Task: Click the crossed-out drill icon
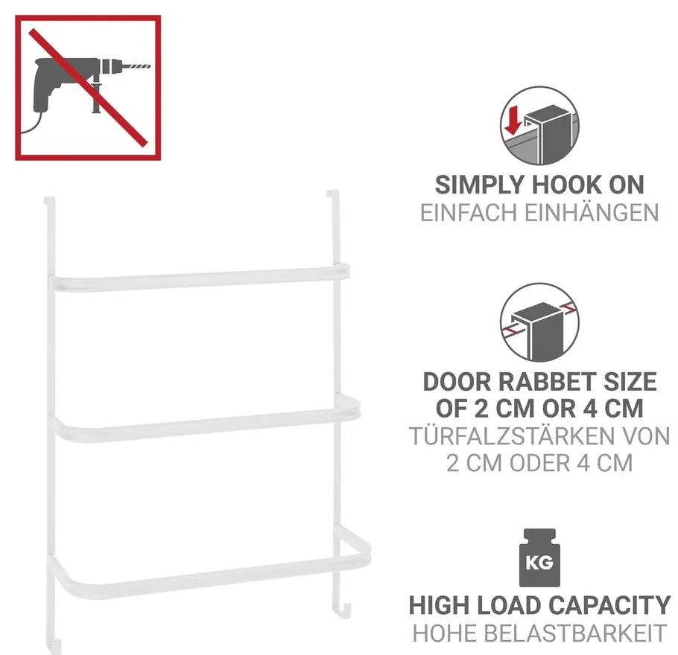point(88,88)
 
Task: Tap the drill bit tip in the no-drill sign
point(150,66)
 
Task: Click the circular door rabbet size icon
point(539,322)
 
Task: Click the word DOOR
point(458,382)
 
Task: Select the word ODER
point(540,463)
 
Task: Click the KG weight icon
point(539,557)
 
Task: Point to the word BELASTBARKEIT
point(574,633)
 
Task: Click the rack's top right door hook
point(333,195)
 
